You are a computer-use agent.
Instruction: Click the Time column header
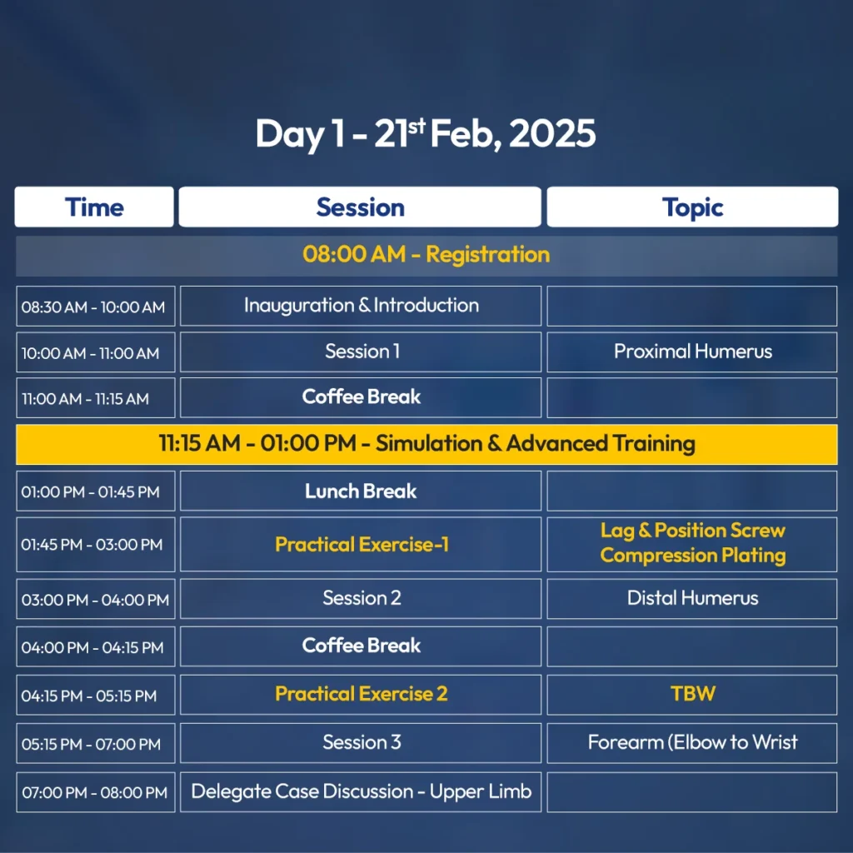(x=94, y=207)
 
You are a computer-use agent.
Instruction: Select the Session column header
(x=360, y=207)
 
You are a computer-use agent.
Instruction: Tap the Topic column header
(x=692, y=207)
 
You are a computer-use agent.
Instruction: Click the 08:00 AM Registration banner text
(x=426, y=255)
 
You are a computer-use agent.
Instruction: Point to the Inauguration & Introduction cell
(x=361, y=306)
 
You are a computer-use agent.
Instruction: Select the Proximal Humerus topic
(x=692, y=352)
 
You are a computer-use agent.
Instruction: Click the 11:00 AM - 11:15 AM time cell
(x=95, y=398)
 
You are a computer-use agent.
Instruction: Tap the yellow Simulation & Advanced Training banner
(x=426, y=445)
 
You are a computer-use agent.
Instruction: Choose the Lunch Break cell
(x=361, y=491)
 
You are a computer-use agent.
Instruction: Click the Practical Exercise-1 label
(x=362, y=545)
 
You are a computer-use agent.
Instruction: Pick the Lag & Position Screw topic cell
(x=692, y=544)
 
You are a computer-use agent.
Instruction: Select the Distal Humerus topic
(x=692, y=598)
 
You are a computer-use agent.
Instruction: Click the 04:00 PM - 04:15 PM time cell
(x=95, y=646)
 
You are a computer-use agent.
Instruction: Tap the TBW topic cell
(x=692, y=695)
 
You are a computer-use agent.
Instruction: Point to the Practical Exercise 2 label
(x=362, y=694)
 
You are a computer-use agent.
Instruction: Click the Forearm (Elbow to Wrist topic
(x=692, y=743)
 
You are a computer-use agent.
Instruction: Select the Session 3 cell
(x=361, y=743)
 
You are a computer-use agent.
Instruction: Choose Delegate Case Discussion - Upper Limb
(x=361, y=792)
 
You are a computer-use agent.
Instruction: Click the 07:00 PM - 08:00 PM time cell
(x=95, y=792)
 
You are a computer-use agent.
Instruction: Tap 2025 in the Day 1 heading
(x=552, y=133)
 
